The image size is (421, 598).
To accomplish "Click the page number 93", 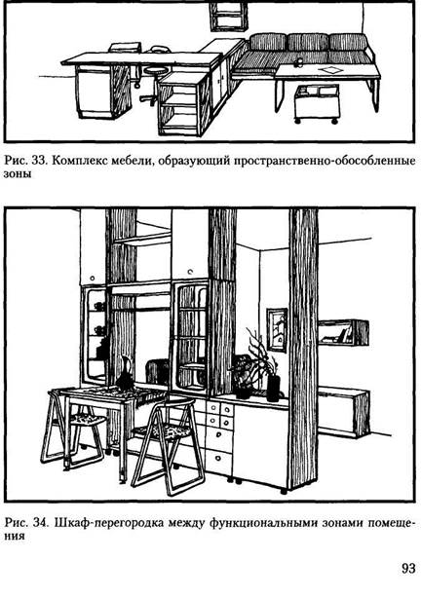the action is (408, 568).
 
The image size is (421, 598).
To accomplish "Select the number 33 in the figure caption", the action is (39, 161).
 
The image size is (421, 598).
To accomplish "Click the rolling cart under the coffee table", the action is (317, 103).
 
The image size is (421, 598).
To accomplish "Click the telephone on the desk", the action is (159, 49).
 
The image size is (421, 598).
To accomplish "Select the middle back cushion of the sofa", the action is (308, 42).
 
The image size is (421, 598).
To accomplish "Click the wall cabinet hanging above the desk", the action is (229, 16).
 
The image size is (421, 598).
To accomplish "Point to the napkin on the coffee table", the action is (330, 70).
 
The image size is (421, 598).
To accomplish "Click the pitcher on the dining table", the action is (125, 373).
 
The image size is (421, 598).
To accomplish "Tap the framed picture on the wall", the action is (277, 329).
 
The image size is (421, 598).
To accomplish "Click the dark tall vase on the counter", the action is (273, 388).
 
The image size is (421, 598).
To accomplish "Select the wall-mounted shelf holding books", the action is (343, 333).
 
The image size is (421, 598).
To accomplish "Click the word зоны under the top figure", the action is (18, 174).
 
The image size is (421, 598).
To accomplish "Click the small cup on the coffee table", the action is (299, 61).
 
